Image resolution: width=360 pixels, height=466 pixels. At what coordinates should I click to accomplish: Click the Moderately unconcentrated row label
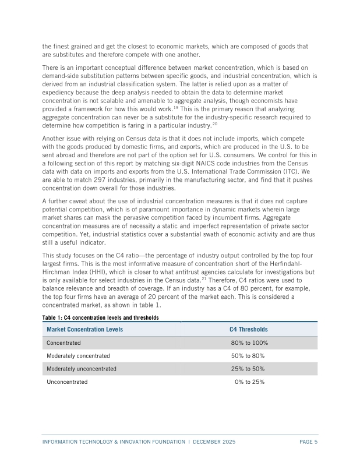82,369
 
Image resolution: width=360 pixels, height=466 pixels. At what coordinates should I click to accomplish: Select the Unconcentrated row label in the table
67,382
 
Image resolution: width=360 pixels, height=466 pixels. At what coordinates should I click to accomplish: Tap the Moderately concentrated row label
78,356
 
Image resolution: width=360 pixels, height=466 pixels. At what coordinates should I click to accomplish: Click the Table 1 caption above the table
100,317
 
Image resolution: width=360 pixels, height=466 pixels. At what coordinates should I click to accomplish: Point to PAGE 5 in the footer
308,442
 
